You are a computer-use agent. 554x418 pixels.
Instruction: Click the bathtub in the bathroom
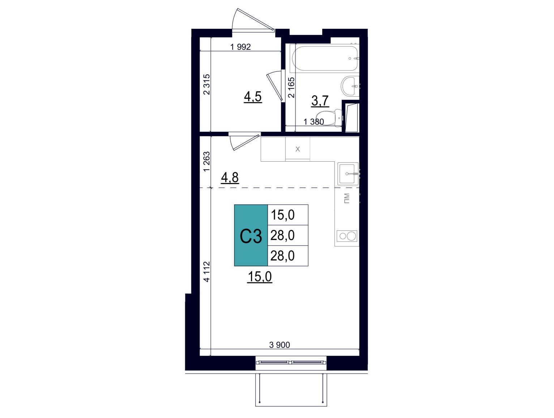click(x=325, y=58)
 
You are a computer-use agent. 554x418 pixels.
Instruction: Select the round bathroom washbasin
click(x=349, y=86)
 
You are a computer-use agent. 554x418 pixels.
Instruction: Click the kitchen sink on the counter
click(x=348, y=173)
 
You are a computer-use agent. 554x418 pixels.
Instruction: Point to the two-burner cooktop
click(x=347, y=236)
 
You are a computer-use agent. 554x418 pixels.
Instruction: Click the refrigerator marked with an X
click(x=298, y=149)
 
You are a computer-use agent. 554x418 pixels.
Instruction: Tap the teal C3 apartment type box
click(x=251, y=235)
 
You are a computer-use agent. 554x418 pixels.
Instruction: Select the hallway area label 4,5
click(x=253, y=97)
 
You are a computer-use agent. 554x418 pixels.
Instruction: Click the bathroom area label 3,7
click(x=320, y=101)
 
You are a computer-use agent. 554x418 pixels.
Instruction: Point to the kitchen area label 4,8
click(x=230, y=178)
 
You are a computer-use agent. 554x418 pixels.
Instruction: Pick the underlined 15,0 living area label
click(x=260, y=277)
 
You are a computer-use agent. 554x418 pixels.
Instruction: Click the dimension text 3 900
click(x=280, y=345)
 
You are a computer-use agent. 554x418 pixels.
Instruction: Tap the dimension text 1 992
click(x=240, y=47)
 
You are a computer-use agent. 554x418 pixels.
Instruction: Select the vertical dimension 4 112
click(x=206, y=272)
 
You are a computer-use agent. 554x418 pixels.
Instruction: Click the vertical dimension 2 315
click(x=206, y=84)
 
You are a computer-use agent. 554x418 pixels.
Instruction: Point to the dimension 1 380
click(x=314, y=122)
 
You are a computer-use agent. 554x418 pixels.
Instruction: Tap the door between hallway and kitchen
click(x=244, y=141)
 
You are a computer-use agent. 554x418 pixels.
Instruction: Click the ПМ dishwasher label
click(x=346, y=198)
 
